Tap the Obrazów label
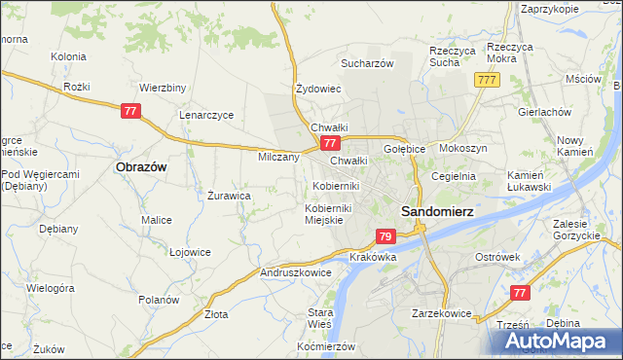(141, 166)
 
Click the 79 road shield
(385, 236)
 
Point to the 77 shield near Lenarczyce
(131, 112)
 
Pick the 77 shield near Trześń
(521, 292)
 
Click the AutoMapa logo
(559, 341)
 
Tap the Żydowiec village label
(318, 89)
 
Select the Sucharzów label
(366, 63)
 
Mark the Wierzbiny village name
(163, 87)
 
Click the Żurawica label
(230, 195)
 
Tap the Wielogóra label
(51, 288)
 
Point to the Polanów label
(158, 300)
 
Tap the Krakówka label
(373, 257)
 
